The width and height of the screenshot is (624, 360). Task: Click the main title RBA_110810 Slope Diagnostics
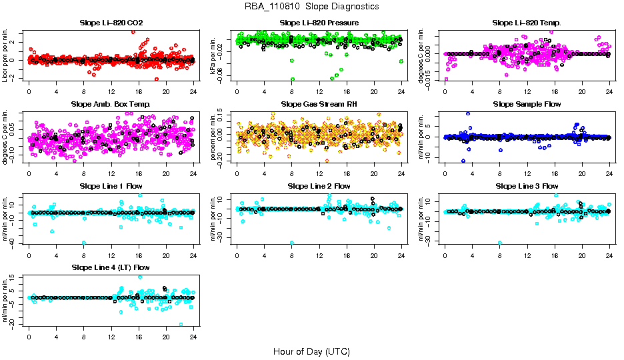click(x=311, y=6)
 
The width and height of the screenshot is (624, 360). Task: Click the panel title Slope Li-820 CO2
click(x=111, y=23)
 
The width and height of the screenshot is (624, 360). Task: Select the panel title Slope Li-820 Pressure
click(x=319, y=23)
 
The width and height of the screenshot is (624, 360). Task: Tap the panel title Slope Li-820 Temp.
click(x=527, y=23)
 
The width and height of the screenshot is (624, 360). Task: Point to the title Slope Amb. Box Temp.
click(x=111, y=104)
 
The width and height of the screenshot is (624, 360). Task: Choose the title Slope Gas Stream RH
click(x=319, y=104)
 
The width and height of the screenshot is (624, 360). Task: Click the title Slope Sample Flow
click(x=527, y=104)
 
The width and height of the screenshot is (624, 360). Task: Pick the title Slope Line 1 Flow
click(x=111, y=186)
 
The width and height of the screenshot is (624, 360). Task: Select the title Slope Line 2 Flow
click(x=319, y=186)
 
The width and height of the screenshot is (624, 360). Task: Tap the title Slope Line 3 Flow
click(x=527, y=186)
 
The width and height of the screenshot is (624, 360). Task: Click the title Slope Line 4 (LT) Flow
click(x=111, y=267)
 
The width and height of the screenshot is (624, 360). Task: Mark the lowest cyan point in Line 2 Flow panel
click(x=291, y=243)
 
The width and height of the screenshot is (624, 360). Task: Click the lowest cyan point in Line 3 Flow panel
click(x=499, y=243)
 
